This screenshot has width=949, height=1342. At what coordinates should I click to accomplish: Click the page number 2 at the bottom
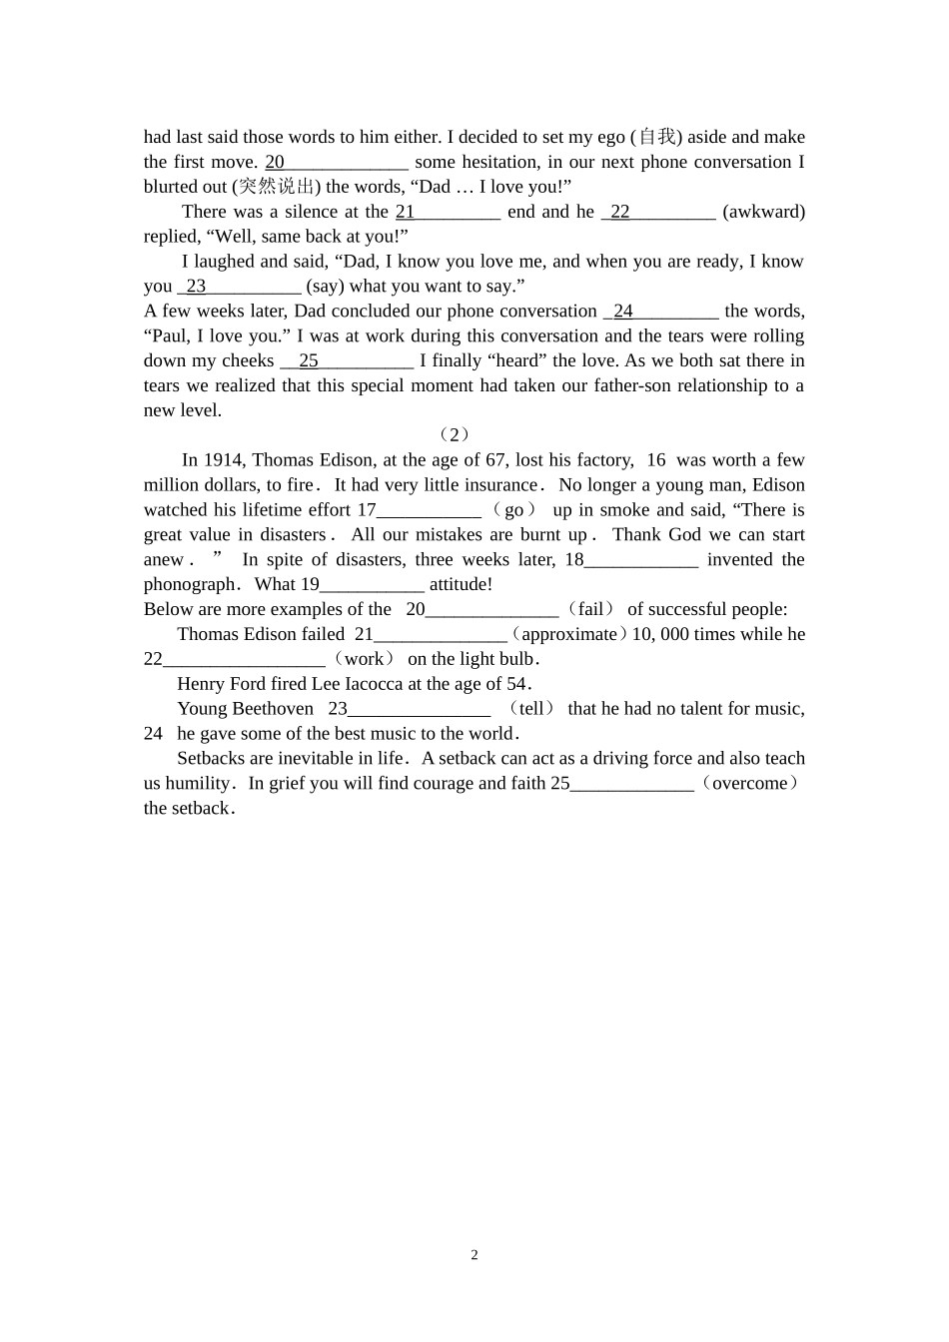(474, 1255)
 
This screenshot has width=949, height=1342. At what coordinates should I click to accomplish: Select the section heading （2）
(455, 434)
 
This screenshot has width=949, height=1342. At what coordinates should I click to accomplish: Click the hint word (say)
(325, 287)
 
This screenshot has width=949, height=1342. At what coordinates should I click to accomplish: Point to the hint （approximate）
(569, 634)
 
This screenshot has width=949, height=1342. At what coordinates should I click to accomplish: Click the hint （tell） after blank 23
(531, 709)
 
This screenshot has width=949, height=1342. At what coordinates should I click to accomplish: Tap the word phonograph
(189, 584)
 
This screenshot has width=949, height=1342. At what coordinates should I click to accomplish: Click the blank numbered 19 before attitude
(372, 585)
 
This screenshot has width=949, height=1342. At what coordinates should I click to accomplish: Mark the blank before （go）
(429, 510)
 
